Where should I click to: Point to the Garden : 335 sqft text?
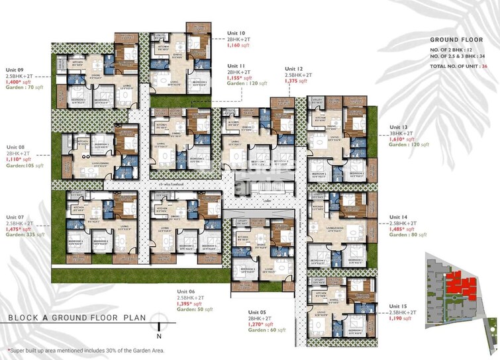[26, 235]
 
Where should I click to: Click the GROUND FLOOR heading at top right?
[453, 40]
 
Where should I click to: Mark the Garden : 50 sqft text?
[195, 310]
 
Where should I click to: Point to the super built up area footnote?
[84, 351]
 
